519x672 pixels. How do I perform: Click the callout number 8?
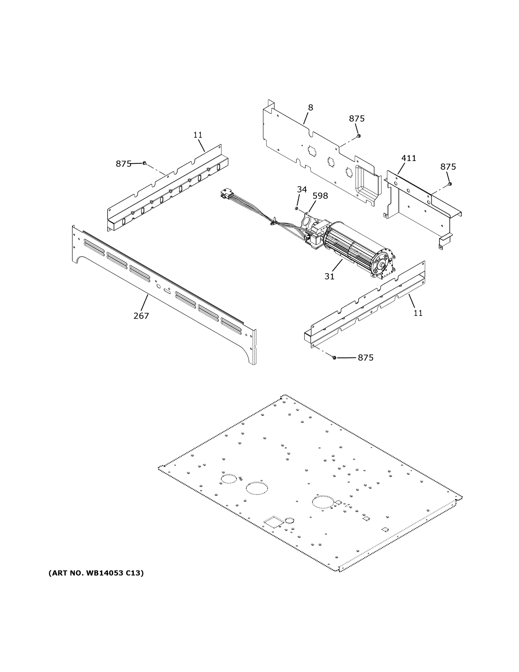click(311, 108)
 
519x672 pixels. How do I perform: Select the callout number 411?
click(408, 158)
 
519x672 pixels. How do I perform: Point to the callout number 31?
click(329, 276)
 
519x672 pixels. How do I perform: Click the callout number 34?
click(302, 190)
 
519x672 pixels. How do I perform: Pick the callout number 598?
click(320, 196)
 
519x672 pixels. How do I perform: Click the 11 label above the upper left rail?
click(198, 135)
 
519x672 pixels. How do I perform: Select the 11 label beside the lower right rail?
click(418, 313)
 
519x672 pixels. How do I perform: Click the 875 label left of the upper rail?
click(124, 164)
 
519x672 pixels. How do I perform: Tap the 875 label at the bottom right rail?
click(366, 358)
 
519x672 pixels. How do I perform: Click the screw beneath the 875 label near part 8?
click(358, 136)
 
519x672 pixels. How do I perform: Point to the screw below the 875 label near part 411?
click(450, 184)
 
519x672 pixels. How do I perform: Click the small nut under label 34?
click(296, 209)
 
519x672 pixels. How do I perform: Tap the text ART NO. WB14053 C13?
click(96, 573)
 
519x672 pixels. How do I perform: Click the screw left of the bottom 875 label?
click(335, 358)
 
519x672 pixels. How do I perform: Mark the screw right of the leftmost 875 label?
click(144, 163)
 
